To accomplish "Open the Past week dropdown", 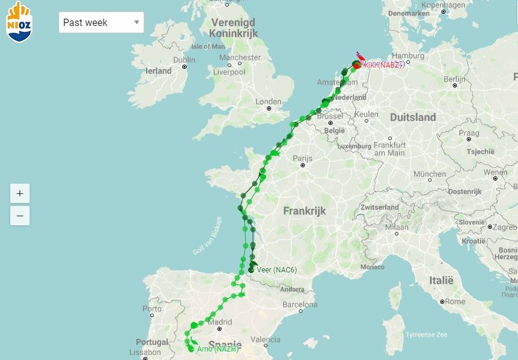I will click(x=101, y=22).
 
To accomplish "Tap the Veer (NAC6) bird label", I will click(x=277, y=269).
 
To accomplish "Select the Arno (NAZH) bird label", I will click(x=217, y=349).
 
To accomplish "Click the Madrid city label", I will click(x=219, y=322).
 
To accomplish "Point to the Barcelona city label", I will click(x=299, y=304).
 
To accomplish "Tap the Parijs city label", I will click(x=302, y=158).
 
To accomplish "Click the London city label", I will click(x=269, y=101).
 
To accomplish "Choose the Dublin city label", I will click(x=184, y=60).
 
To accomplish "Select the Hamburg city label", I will click(x=408, y=56).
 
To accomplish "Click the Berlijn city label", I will click(x=454, y=79).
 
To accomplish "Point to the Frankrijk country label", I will click(x=304, y=211).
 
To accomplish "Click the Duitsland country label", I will click(x=413, y=117).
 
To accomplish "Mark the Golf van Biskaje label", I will click(x=207, y=236).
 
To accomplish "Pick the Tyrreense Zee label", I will click(x=426, y=334).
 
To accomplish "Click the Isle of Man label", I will click(x=208, y=47).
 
